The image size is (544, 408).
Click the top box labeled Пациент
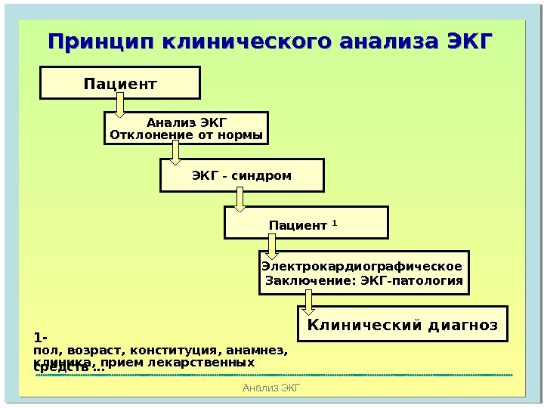point(120,82)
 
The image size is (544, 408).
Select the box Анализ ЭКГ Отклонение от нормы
point(186,128)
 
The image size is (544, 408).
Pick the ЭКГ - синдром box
point(242,175)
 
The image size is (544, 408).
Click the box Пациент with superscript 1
point(306,223)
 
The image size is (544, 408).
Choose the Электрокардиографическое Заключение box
point(363,273)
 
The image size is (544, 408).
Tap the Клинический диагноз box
point(402,323)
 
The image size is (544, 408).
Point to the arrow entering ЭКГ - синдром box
point(176,153)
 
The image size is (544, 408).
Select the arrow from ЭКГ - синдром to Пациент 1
point(240,200)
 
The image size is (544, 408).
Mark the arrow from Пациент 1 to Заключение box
point(273,246)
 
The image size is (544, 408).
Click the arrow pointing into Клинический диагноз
point(308,301)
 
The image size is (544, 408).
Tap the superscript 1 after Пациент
point(335,222)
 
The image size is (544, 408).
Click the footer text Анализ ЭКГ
point(271,388)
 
